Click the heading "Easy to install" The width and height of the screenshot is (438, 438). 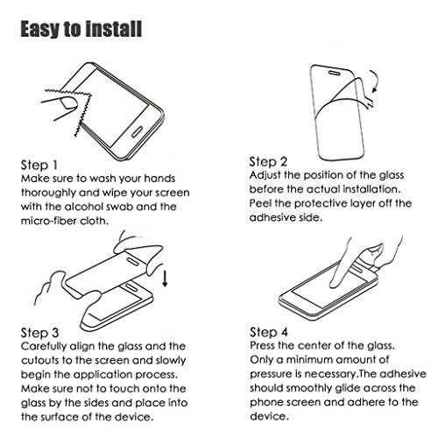(x=81, y=29)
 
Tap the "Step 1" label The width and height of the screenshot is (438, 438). (x=39, y=166)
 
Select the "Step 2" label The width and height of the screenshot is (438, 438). (x=268, y=162)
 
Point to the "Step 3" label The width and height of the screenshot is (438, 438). (x=39, y=333)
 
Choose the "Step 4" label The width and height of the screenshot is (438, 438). (x=269, y=332)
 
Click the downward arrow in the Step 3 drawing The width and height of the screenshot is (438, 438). (x=165, y=279)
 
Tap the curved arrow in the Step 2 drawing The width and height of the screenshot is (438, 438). (x=374, y=81)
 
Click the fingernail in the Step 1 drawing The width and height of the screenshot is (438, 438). (x=67, y=103)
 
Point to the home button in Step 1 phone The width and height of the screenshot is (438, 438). (x=138, y=132)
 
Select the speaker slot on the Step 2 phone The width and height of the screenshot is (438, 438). (x=335, y=72)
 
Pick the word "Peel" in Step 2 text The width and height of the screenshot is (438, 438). (x=260, y=203)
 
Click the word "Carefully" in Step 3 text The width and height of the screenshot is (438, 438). (x=44, y=347)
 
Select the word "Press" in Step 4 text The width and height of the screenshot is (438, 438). (x=262, y=346)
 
